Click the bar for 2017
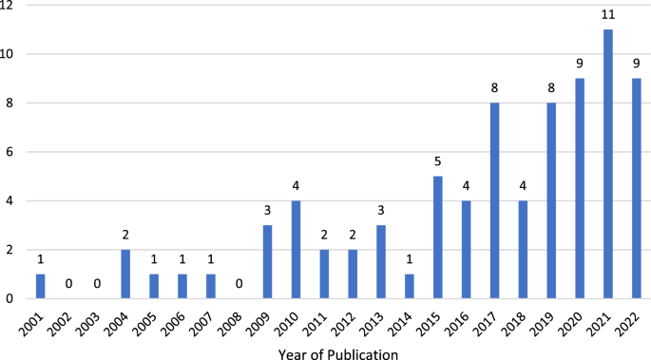click(495, 200)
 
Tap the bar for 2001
click(41, 286)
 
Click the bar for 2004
click(126, 274)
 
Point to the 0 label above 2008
click(239, 284)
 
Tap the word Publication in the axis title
click(367, 352)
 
